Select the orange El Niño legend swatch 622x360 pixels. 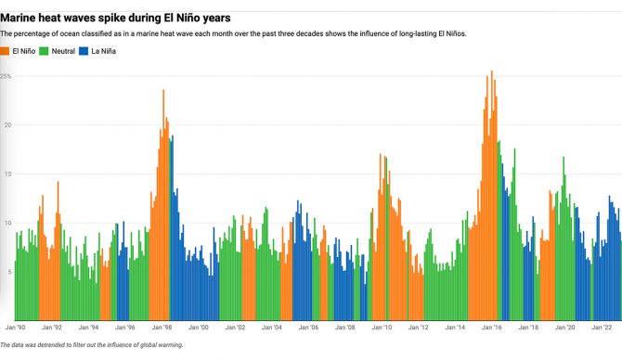click(x=6, y=51)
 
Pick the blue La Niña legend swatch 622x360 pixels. click(x=95, y=51)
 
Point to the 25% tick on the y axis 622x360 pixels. click(x=6, y=76)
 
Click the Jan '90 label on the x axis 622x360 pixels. click(x=16, y=328)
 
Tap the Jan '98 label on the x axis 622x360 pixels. click(x=162, y=328)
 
